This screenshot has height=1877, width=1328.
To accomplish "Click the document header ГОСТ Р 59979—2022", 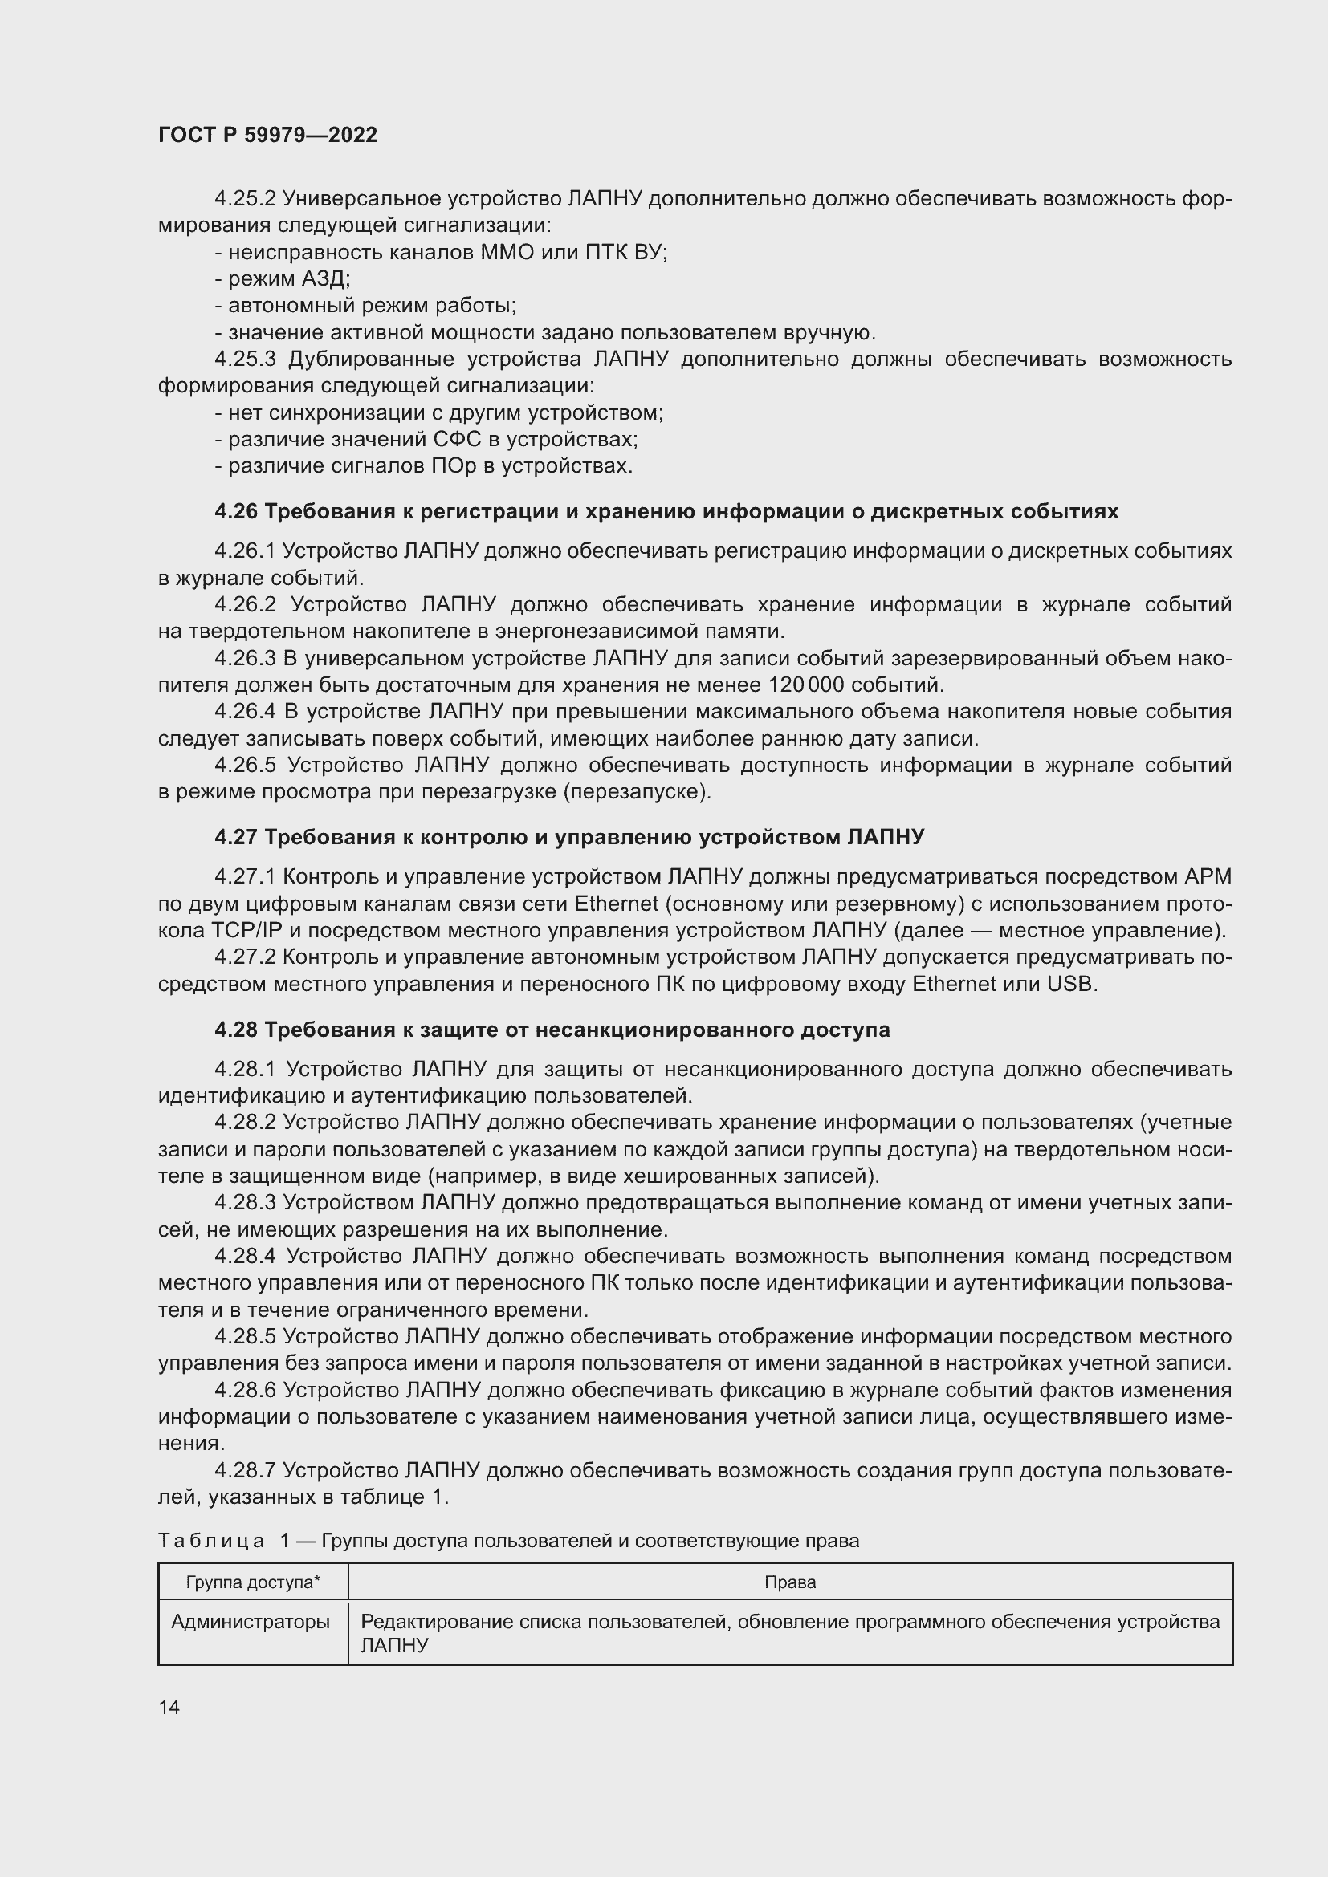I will click(267, 135).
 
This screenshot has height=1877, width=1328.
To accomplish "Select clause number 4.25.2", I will click(246, 199).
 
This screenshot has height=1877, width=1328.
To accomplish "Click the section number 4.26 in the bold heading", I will click(236, 512).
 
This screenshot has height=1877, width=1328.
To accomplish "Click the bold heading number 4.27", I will click(236, 837).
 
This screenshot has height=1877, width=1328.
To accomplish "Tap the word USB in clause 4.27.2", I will click(1069, 984).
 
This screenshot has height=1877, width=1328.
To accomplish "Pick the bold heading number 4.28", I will click(236, 1030).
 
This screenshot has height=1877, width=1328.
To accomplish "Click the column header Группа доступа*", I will click(253, 1582).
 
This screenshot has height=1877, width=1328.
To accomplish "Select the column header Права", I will click(790, 1582).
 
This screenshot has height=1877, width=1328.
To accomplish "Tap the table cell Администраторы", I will click(251, 1621).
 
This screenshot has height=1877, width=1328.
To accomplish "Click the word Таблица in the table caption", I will click(211, 1541).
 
